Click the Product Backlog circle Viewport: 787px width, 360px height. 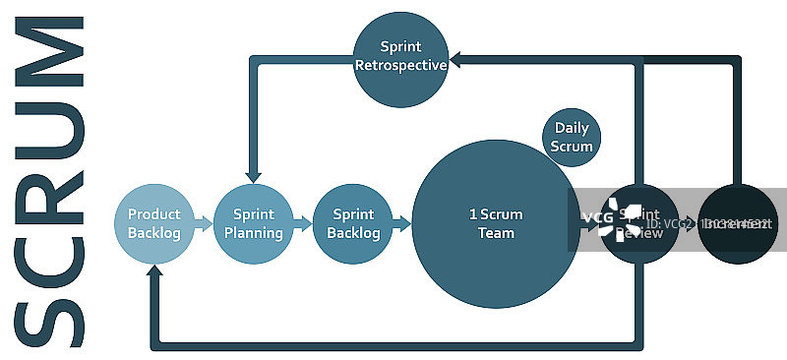pyautogui.click(x=154, y=224)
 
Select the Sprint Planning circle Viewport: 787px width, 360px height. pyautogui.click(x=253, y=224)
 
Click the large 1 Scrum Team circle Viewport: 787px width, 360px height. pyautogui.click(x=495, y=224)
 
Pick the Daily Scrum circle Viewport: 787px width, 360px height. pyautogui.click(x=573, y=137)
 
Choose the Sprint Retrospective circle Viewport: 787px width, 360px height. pyautogui.click(x=400, y=57)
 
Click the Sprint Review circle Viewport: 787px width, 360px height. pyautogui.click(x=639, y=224)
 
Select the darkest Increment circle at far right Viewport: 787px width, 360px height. pyautogui.click(x=738, y=224)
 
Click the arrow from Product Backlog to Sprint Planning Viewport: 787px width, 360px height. pyautogui.click(x=204, y=224)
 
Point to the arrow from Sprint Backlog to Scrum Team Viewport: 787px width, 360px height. pyautogui.click(x=401, y=224)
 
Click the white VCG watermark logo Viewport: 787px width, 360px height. pyautogui.click(x=613, y=217)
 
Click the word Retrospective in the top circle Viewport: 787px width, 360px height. pyautogui.click(x=400, y=66)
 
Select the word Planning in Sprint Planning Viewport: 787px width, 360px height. pyautogui.click(x=253, y=233)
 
